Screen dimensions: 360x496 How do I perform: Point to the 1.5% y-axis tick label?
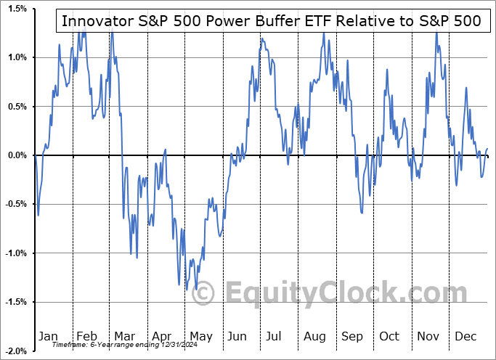point(17,8)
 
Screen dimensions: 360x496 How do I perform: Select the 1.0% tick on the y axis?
point(17,57)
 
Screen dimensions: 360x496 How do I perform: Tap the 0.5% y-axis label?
point(17,106)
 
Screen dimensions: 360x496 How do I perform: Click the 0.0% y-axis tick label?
point(17,155)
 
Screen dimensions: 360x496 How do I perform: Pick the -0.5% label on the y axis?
point(16,204)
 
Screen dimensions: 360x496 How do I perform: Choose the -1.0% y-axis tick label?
point(16,253)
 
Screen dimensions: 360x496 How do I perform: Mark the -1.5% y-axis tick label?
point(16,302)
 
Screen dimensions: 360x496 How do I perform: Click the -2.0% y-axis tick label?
point(16,351)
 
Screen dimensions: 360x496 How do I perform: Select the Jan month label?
point(48,336)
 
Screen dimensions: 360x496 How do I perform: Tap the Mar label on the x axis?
point(124,336)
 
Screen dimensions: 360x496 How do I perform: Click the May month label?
point(200,336)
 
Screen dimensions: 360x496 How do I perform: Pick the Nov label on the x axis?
point(428,336)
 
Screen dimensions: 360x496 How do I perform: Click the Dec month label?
point(465,336)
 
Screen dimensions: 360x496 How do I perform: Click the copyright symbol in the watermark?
point(204,294)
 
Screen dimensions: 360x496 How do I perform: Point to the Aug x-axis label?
point(314,336)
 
